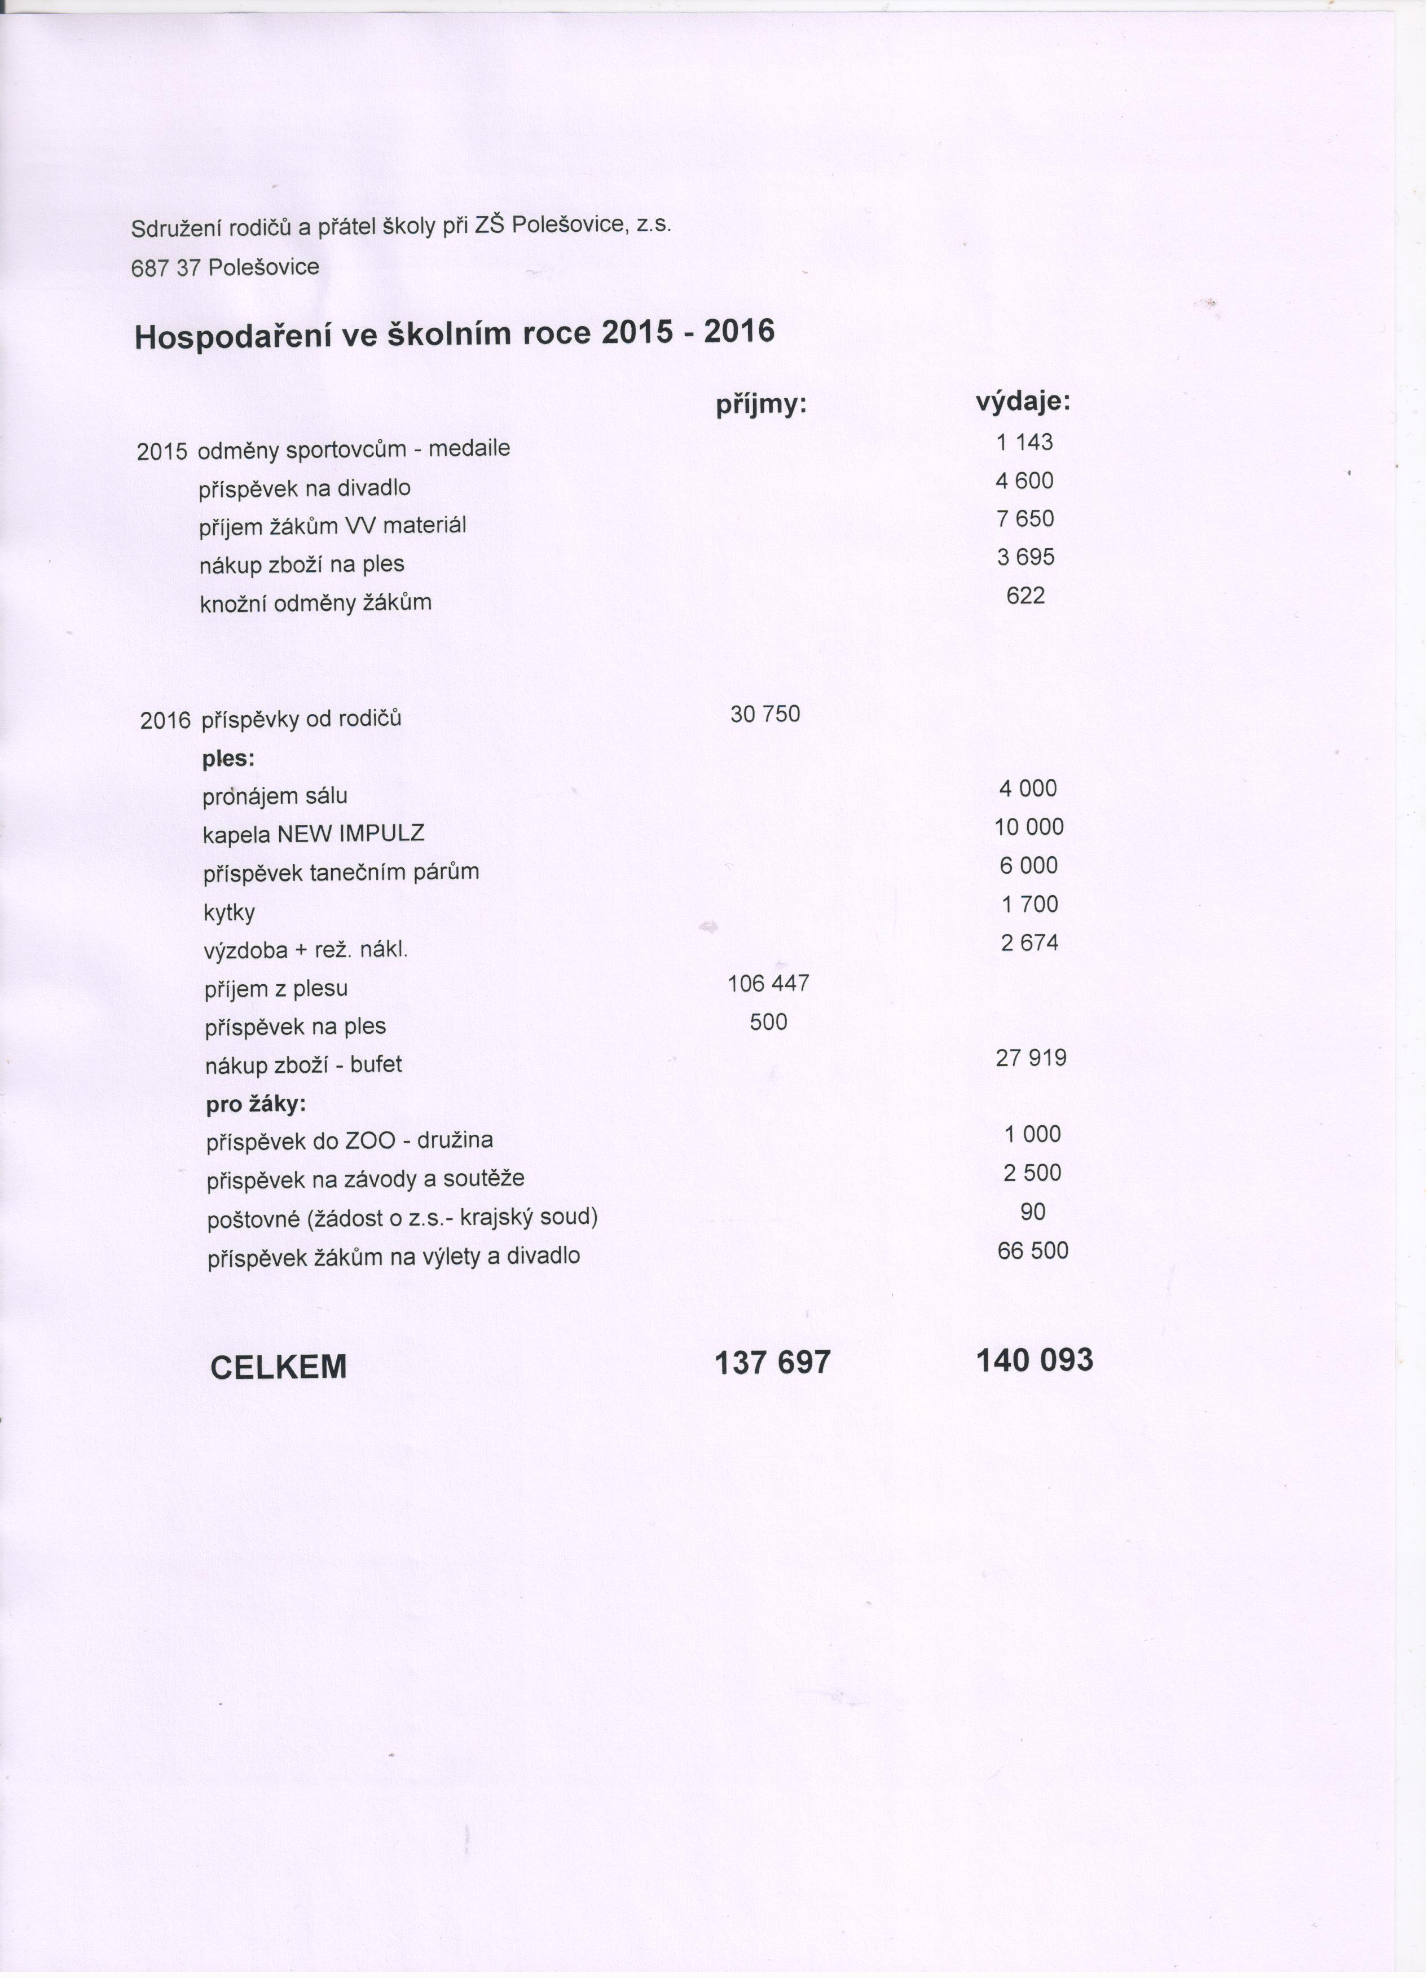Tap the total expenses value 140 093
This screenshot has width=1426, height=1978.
click(x=1035, y=1360)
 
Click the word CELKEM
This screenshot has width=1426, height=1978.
click(x=278, y=1367)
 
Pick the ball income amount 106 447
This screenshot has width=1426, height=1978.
click(x=768, y=984)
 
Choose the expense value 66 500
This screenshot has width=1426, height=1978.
click(x=1033, y=1250)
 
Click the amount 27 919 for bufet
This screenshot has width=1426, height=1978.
click(x=1031, y=1058)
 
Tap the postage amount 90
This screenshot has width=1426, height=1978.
click(x=1033, y=1212)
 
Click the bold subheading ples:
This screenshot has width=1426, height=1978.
click(x=228, y=758)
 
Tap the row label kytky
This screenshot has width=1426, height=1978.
click(x=228, y=912)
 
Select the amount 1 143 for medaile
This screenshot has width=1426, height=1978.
click(x=1025, y=442)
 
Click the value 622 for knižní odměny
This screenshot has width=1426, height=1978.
click(x=1026, y=596)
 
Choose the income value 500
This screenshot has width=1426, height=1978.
click(x=768, y=1022)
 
